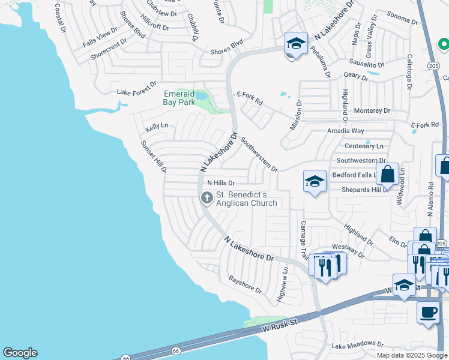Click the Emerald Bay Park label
click(x=179, y=98)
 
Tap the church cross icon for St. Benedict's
click(x=206, y=197)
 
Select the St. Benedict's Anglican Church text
click(x=246, y=199)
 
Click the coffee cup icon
click(x=429, y=312)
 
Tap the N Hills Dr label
click(x=221, y=183)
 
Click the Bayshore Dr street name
click(x=246, y=285)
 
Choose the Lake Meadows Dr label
click(x=357, y=344)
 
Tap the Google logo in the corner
click(x=20, y=353)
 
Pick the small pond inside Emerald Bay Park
click(x=201, y=95)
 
